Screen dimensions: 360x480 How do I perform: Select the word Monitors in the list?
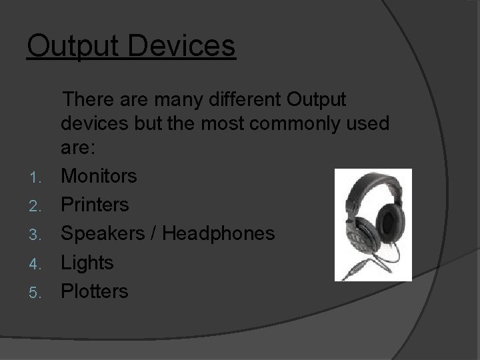(99, 176)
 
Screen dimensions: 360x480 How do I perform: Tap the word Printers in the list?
(95, 205)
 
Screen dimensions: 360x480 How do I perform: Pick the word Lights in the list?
(87, 263)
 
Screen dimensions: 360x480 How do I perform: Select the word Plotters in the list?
(95, 291)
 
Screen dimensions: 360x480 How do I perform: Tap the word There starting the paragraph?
(93, 100)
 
